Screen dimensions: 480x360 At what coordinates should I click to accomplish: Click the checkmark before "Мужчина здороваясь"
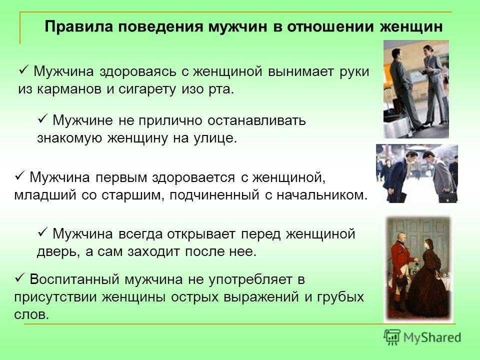pyautogui.click(x=24, y=71)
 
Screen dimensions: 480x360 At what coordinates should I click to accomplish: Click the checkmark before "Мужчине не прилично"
pyautogui.click(x=42, y=119)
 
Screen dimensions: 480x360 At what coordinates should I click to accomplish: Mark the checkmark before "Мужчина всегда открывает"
pyautogui.click(x=42, y=233)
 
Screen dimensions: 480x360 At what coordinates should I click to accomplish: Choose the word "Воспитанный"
pyautogui.click(x=74, y=279)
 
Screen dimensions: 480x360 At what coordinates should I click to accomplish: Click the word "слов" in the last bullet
pyautogui.click(x=31, y=314)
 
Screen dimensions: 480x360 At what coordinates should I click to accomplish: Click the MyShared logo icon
pyautogui.click(x=392, y=337)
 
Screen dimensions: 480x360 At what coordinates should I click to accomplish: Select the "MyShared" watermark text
pyautogui.click(x=432, y=337)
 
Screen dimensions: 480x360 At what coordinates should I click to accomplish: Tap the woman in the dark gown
pyautogui.click(x=431, y=278)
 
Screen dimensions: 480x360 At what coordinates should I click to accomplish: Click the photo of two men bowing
pyautogui.click(x=417, y=173)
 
